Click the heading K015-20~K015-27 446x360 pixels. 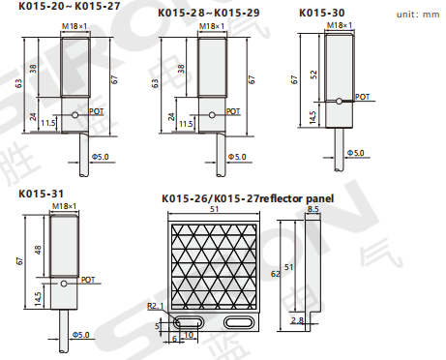[69, 6]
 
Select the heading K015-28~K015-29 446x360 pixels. [209, 13]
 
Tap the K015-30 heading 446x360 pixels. [322, 13]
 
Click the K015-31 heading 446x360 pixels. [41, 194]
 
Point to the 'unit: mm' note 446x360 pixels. [418, 15]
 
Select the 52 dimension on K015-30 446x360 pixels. [313, 75]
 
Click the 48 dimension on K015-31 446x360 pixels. [38, 250]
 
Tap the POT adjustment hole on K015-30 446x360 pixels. [339, 102]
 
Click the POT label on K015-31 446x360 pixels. [88, 280]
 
